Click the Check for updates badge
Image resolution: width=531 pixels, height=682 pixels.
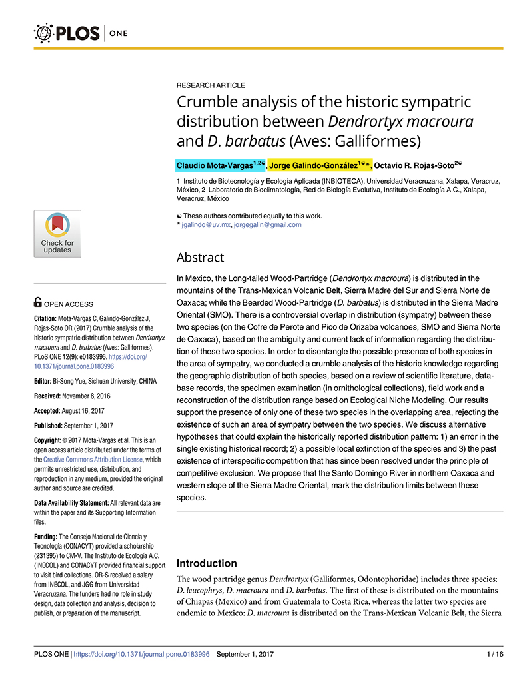tap(57, 234)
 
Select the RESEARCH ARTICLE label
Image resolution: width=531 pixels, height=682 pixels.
tap(211, 85)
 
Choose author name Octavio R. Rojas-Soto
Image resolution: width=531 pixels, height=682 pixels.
tap(413, 165)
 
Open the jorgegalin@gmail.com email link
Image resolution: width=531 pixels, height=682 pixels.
tap(267, 225)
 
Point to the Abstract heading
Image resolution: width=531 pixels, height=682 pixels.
tap(200, 257)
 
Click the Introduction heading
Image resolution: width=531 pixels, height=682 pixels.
tap(207, 563)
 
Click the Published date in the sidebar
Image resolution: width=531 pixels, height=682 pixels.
tap(93, 426)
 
